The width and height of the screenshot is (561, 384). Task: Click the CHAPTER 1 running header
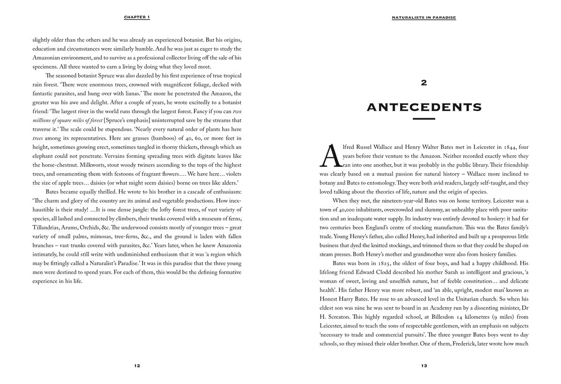(137, 17)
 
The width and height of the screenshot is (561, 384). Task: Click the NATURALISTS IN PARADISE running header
(424, 17)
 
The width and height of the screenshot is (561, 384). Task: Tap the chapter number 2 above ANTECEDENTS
(424, 83)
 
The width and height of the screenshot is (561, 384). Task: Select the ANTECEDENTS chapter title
(424, 107)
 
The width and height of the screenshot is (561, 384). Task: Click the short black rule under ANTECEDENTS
(424, 119)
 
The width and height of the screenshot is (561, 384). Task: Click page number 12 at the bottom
(137, 366)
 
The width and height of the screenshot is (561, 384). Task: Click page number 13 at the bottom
(424, 366)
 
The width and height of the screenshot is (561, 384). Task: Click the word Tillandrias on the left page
(47, 228)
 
